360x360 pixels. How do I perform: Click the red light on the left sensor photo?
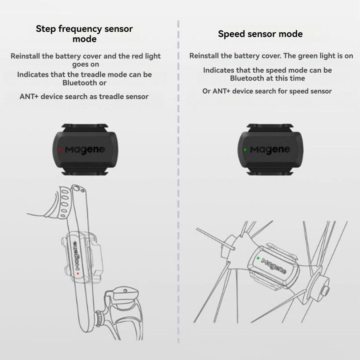60,150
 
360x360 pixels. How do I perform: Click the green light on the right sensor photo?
245,150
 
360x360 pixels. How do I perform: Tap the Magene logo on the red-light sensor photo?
85,150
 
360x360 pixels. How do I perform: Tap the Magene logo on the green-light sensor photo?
270,150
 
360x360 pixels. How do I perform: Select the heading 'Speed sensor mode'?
260,34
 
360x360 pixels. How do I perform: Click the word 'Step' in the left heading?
46,29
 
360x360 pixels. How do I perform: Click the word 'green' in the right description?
308,56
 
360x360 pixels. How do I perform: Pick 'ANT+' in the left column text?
29,96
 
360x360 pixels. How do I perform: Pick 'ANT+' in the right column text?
221,91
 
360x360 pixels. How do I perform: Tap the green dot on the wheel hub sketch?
258,258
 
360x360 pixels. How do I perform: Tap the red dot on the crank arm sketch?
78,273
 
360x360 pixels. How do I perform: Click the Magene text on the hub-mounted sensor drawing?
274,266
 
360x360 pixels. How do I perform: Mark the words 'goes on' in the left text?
86,64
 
